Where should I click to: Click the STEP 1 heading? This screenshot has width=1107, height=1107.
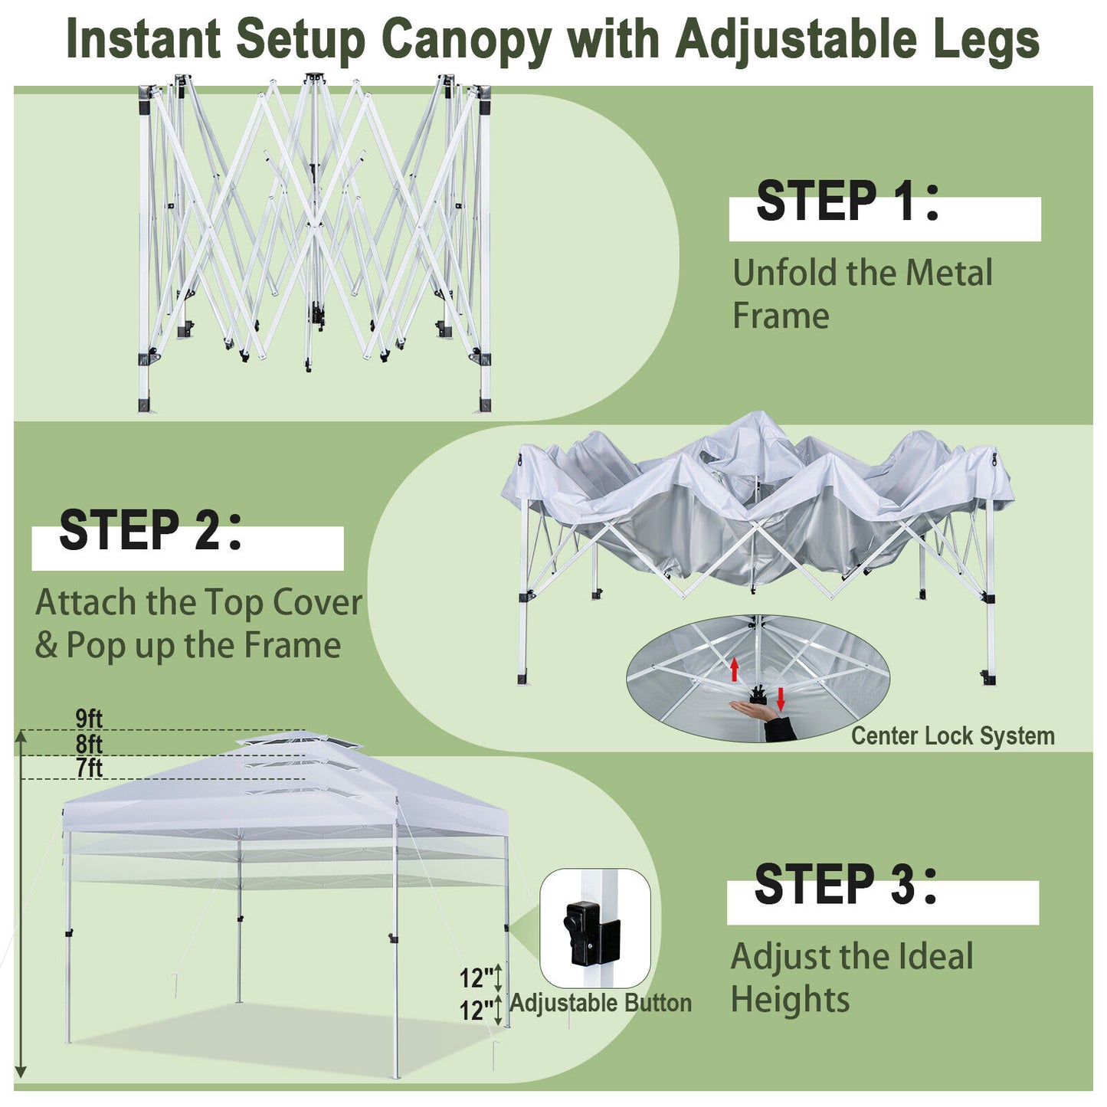[847, 201]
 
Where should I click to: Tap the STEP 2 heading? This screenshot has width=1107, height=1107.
[150, 530]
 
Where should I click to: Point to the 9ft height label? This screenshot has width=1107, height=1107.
[89, 719]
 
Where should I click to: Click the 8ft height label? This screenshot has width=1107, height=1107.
[89, 744]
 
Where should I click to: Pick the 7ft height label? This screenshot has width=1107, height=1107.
[89, 768]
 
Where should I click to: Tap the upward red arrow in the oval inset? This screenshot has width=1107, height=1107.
[734, 669]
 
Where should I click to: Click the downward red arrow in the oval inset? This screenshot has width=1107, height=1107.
[781, 698]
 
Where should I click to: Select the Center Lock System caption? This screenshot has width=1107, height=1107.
[952, 736]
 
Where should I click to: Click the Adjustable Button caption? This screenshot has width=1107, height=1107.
[601, 1003]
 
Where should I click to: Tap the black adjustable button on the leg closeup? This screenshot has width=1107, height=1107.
[582, 932]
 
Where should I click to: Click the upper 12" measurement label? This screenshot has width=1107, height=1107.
[477, 978]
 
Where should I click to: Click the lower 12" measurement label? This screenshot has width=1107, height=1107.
[477, 1010]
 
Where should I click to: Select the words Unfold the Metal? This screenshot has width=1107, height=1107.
[862, 273]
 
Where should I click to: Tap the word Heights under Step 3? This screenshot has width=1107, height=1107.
[790, 1000]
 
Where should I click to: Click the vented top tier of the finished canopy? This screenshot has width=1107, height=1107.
[300, 742]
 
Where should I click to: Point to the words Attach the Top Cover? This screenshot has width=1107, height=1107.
[198, 603]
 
